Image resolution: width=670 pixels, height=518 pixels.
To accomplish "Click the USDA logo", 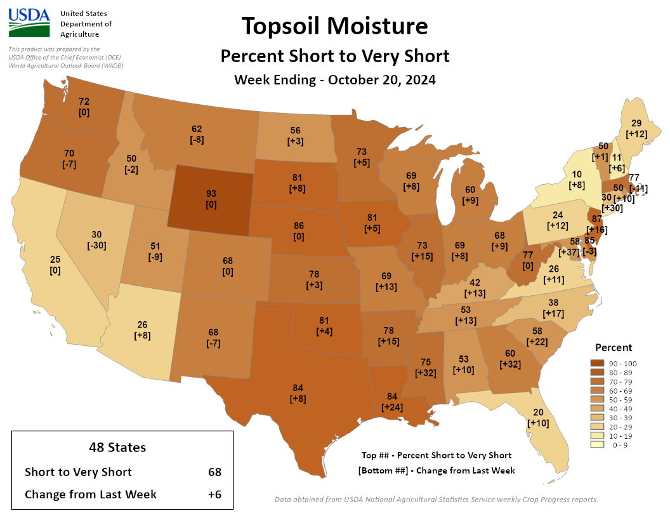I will point(29,23).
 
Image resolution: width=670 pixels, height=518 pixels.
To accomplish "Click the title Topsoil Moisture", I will point(334,27).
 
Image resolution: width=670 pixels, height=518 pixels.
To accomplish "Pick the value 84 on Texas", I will point(298,388).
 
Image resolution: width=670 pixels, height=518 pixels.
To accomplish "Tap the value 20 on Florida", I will point(539,412).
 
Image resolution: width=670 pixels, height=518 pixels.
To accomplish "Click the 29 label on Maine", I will point(636,123).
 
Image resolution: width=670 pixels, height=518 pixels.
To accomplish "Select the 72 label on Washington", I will point(84,101).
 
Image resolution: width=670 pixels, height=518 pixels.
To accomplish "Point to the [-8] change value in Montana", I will point(197,140).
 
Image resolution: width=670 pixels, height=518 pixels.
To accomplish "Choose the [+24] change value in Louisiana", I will point(393,408).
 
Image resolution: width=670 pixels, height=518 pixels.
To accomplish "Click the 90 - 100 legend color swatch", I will point(589,362).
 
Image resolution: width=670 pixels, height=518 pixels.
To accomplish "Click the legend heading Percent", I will point(613,347).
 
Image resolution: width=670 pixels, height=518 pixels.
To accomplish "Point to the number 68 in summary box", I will point(214,472).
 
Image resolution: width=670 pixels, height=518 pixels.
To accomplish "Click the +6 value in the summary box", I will point(214,494).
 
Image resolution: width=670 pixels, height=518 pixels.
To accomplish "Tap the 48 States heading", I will point(117,448).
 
